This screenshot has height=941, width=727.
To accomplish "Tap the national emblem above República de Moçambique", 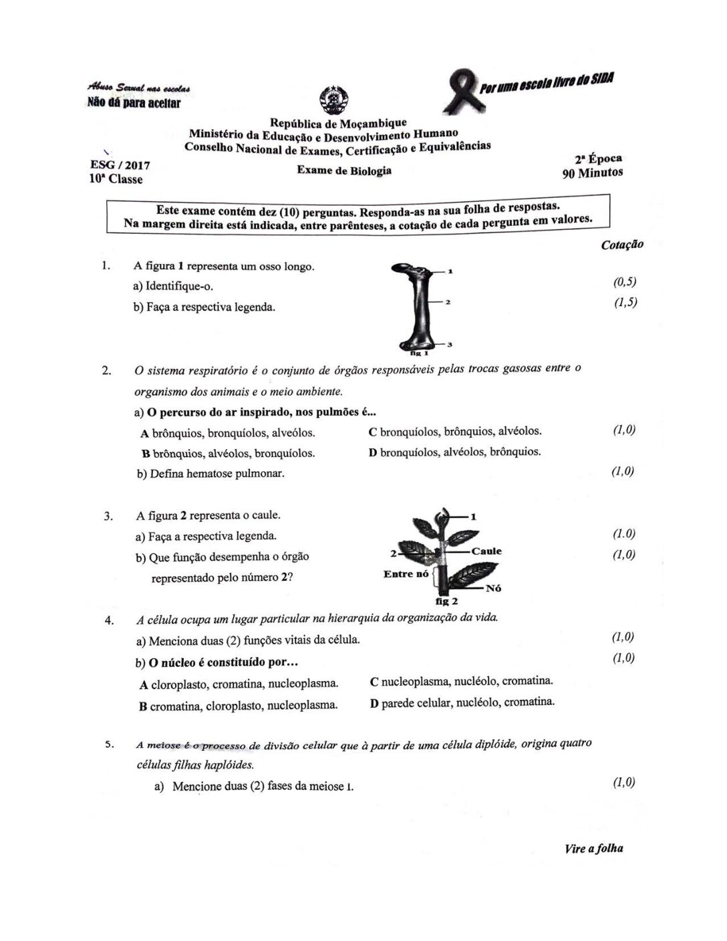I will [332, 101].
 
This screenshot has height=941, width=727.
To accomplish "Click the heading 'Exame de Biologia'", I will [344, 170].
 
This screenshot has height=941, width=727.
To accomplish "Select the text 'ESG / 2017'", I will [120, 165].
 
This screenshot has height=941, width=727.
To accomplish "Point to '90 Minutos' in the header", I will [593, 173].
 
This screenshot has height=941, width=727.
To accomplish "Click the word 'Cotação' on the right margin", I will [622, 245].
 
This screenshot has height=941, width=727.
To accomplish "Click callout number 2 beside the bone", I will [448, 302].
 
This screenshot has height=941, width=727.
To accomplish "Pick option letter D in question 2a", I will [373, 452].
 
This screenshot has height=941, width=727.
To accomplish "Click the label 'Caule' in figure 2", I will [486, 551].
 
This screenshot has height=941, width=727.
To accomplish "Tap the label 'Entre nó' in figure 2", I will [406, 574].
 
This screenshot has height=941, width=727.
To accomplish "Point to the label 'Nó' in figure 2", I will [494, 588].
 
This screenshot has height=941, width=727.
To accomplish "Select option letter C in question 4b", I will [374, 682].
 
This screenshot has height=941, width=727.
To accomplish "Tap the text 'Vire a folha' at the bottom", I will [593, 849].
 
